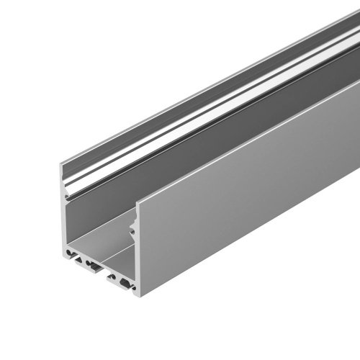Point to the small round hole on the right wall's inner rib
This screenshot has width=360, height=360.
(x=132, y=230)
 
